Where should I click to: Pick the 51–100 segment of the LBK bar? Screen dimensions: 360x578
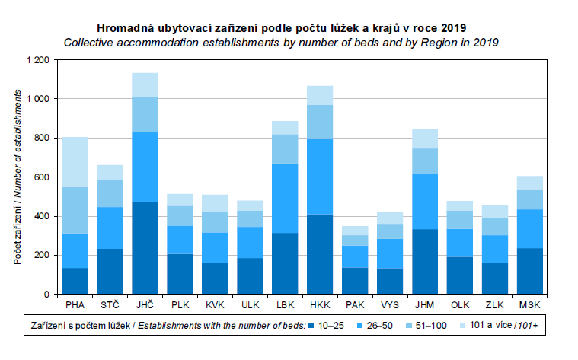point(285,149)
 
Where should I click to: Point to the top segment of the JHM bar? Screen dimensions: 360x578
point(424,139)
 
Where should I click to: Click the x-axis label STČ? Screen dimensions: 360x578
point(110,306)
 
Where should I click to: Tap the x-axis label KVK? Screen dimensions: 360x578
point(215,306)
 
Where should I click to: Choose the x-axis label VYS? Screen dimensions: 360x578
point(389,306)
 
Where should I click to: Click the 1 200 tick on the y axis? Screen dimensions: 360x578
point(37,60)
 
